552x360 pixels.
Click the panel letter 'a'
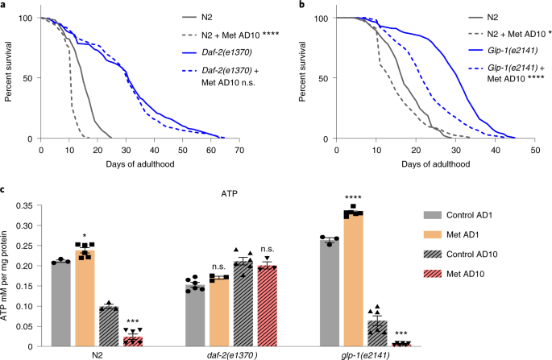[4, 6]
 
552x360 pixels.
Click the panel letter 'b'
[284, 6]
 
